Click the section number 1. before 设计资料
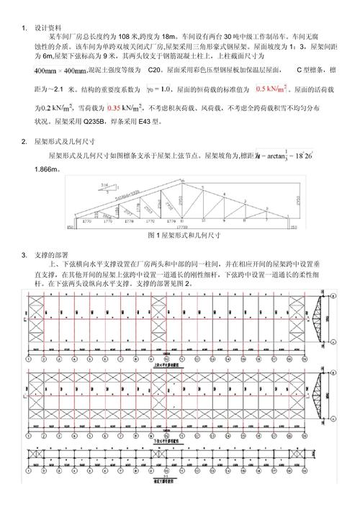(x=24, y=27)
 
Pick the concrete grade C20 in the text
(x=154, y=71)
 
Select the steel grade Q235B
(x=94, y=122)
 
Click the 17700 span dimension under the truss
(x=184, y=228)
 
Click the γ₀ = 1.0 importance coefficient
(x=157, y=89)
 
